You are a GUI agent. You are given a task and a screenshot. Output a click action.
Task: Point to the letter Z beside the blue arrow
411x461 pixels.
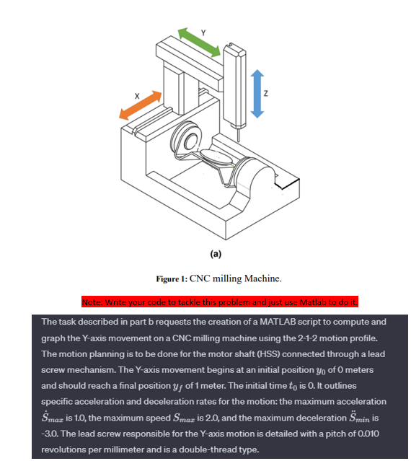coord(266,93)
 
